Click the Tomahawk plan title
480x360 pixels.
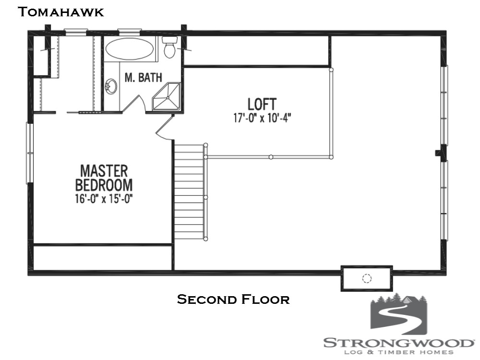click(60, 12)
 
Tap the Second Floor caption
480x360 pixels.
click(233, 300)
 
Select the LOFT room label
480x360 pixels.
click(262, 104)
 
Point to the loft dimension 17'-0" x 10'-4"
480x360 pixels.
click(262, 118)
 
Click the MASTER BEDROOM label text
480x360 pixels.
click(104, 178)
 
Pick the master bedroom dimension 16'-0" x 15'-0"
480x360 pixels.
click(104, 199)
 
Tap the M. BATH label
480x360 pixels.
click(144, 77)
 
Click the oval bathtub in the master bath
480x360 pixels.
click(130, 49)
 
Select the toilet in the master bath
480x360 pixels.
click(169, 47)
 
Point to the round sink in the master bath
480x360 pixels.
click(111, 87)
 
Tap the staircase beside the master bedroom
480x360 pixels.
click(189, 192)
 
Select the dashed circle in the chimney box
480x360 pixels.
click(367, 278)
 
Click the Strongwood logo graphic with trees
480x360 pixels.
click(398, 315)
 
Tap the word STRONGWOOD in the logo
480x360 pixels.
click(398, 343)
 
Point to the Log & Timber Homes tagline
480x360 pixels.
click(398, 353)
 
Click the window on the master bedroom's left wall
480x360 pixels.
click(30, 153)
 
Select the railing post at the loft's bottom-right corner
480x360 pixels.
click(332, 156)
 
